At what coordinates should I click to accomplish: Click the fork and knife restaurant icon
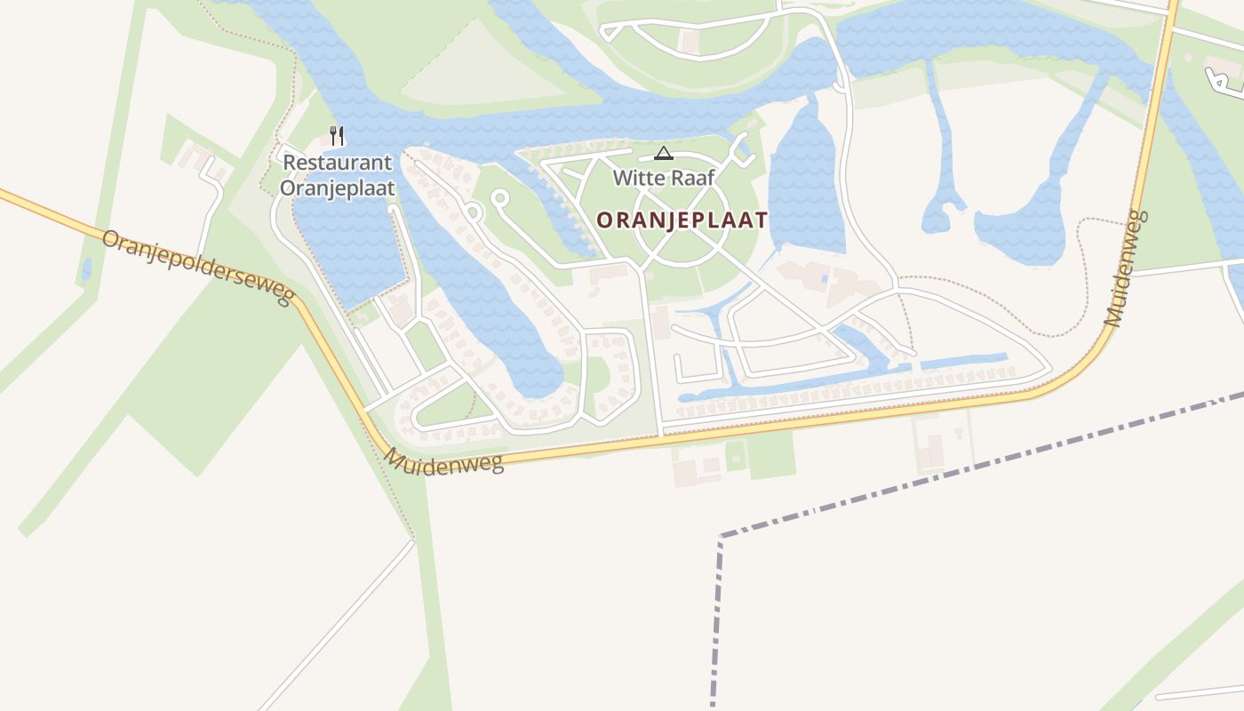pos(337,136)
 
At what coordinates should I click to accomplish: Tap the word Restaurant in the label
pos(338,163)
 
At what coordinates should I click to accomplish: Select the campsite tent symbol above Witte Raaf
pos(663,154)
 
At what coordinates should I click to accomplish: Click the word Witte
pos(636,178)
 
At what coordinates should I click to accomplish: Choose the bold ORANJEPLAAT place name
pos(682,220)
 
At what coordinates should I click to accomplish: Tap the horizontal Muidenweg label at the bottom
pos(444,461)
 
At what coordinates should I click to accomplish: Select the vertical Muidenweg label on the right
pos(1126,268)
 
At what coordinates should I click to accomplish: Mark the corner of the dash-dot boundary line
pos(721,537)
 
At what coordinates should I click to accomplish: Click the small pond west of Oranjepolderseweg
pos(86,268)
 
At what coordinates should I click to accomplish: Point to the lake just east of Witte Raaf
pos(805,191)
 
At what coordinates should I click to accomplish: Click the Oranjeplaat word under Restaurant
pos(338,188)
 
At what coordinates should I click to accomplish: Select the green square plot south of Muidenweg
pos(770,454)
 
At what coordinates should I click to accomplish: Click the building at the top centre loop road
pos(690,40)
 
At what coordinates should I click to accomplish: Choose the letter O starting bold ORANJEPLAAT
pos(603,220)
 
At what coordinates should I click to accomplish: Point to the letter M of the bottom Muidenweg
pos(395,457)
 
